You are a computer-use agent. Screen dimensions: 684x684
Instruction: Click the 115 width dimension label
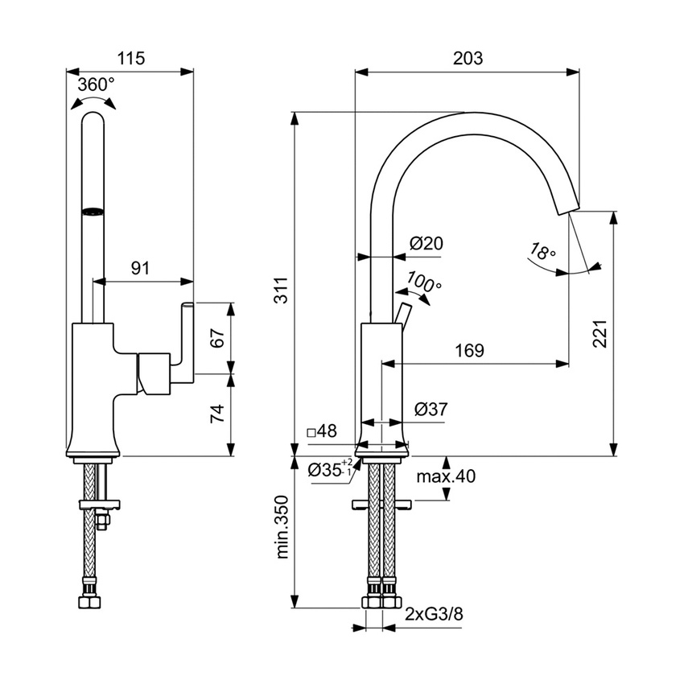point(130,58)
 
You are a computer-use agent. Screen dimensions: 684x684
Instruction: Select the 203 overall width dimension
point(467,58)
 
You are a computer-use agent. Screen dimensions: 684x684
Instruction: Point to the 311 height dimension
point(279,295)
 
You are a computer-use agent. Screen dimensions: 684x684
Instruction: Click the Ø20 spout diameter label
point(426,244)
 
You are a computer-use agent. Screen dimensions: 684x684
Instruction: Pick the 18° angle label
point(542,252)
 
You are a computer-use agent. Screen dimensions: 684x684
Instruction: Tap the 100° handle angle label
point(424,282)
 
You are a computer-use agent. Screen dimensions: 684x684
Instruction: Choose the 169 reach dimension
point(469,350)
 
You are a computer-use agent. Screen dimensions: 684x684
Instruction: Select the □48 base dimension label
point(322,432)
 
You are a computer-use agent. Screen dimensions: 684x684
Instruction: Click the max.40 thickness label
point(446,476)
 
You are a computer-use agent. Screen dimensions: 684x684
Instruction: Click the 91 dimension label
point(140,269)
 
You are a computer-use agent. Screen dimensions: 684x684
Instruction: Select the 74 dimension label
point(216,414)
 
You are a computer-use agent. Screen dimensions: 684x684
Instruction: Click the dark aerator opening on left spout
point(93,212)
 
